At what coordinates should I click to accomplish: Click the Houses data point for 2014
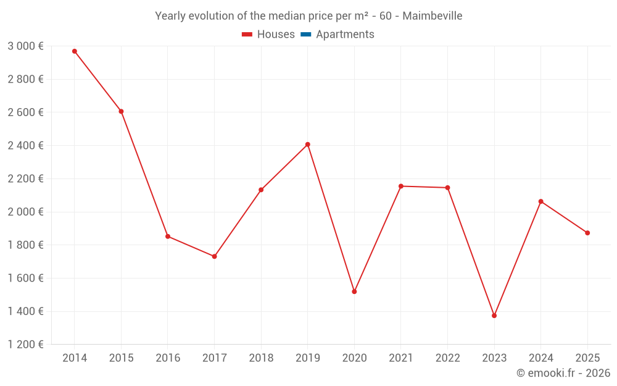point(75,51)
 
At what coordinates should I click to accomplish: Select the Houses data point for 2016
point(168,237)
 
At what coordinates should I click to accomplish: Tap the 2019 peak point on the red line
point(307,145)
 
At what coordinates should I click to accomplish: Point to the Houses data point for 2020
point(354,292)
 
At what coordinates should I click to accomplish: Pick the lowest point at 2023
point(494,316)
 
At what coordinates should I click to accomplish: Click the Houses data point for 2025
point(587,233)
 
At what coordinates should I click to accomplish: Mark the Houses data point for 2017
point(214,256)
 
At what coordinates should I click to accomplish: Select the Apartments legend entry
point(345,35)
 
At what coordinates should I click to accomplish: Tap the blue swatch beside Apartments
point(306,35)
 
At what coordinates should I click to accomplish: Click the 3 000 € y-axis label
point(25,46)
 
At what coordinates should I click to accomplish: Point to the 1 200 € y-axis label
point(25,345)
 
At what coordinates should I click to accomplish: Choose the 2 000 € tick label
point(25,212)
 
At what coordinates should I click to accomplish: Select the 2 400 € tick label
point(25,146)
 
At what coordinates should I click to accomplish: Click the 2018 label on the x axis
point(261,358)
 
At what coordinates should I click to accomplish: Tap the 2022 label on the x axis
point(447,358)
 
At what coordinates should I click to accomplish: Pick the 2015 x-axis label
point(121,358)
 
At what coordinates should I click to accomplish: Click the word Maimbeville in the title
point(432,16)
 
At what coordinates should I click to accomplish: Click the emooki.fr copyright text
point(563,373)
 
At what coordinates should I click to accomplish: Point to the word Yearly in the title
point(171,16)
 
